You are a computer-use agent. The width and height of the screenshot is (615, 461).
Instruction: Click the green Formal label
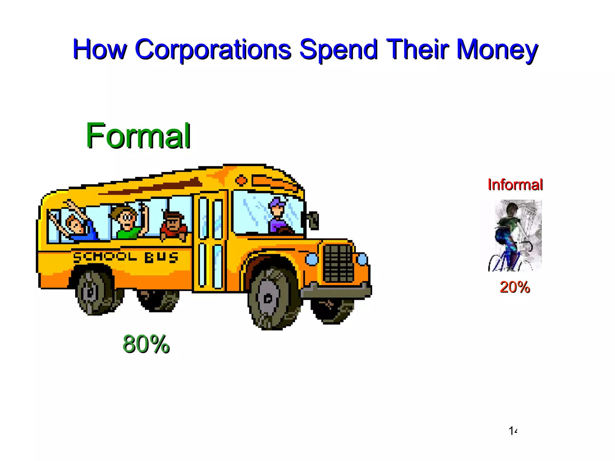pyautogui.click(x=138, y=136)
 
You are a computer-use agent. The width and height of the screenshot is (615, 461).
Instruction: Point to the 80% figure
pyautogui.click(x=146, y=344)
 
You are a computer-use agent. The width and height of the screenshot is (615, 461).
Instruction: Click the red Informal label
pyautogui.click(x=515, y=185)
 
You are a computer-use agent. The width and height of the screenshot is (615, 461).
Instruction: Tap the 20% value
pyautogui.click(x=515, y=287)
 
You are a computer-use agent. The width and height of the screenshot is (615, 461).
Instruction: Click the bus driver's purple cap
pyautogui.click(x=277, y=203)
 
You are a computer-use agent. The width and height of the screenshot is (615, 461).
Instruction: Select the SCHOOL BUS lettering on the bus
pyautogui.click(x=126, y=257)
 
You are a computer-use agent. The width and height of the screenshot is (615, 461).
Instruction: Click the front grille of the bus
pyautogui.click(x=338, y=263)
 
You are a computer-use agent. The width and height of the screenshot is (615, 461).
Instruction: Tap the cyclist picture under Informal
pyautogui.click(x=515, y=236)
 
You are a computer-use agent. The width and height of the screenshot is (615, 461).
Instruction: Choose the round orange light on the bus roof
pyautogui.click(x=241, y=180)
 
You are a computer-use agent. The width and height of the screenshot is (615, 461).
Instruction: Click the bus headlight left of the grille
pyautogui.click(x=312, y=259)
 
